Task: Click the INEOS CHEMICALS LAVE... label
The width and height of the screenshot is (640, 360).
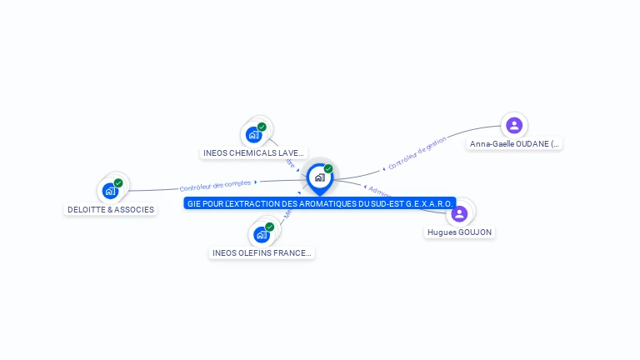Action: (x=254, y=153)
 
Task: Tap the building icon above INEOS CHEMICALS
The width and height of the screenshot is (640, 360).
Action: (x=253, y=135)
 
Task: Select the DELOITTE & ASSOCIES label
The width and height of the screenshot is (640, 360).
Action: (x=111, y=210)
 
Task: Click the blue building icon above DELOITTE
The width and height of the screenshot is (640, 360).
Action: (x=110, y=191)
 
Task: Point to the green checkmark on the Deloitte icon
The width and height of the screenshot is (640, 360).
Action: (x=118, y=182)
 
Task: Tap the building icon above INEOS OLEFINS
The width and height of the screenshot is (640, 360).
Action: (x=261, y=235)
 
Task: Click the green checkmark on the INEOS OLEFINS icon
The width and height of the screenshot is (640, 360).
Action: (x=269, y=227)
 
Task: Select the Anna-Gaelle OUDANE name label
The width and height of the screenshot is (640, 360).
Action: (x=515, y=144)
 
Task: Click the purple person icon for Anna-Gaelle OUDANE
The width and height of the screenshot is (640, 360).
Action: (x=514, y=125)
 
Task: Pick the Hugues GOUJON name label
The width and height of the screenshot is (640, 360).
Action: (x=459, y=232)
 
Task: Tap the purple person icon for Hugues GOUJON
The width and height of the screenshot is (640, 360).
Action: (x=458, y=213)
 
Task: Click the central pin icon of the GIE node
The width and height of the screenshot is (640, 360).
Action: (x=319, y=177)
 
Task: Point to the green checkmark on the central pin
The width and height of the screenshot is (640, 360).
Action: (x=328, y=169)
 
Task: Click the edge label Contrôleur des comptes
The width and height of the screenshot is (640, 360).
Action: (x=215, y=186)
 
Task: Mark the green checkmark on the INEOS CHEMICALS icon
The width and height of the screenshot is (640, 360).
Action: (x=262, y=127)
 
